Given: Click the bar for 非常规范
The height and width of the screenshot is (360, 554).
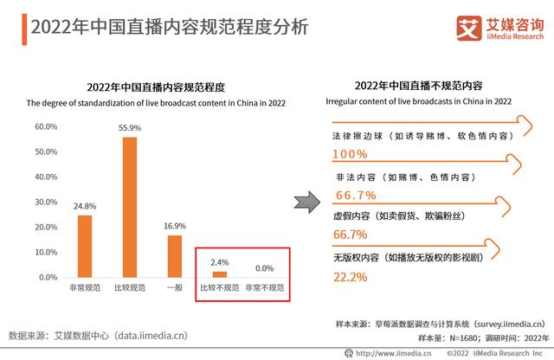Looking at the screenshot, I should pos(85,246).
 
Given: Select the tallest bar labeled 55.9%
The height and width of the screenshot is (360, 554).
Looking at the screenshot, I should pos(130,207).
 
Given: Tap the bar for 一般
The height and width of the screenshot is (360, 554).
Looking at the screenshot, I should pos(175,256).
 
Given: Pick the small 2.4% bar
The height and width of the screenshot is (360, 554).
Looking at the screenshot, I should pos(220,274).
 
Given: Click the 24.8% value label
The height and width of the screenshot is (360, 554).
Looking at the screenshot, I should pos(85,206).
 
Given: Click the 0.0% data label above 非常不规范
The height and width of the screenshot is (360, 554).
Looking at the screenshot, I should pos(264,268).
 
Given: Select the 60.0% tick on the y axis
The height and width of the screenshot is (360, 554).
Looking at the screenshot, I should pos(46,126).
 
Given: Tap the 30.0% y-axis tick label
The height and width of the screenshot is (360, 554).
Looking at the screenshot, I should pos(46,202).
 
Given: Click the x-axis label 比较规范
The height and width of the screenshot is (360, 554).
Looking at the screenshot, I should pos(130,287).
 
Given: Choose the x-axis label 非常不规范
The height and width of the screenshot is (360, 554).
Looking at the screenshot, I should pos(264,287).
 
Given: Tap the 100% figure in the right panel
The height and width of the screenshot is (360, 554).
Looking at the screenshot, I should pos(350,154).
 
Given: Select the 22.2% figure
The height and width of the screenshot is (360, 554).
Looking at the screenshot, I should pos(351,277).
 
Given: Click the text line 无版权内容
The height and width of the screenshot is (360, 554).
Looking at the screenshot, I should pos(407,257).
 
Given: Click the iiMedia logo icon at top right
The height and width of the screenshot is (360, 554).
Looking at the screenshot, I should pos(468,27).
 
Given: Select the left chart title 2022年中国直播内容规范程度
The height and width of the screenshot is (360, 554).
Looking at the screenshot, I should pos(156,87).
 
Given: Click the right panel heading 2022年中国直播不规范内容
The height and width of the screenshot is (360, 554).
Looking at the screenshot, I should pos(418,87).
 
